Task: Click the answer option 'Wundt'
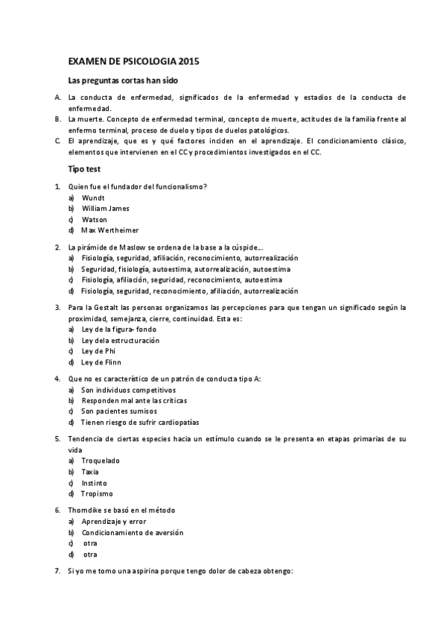point(93,197)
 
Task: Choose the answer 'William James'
point(105,209)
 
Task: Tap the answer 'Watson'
point(94,220)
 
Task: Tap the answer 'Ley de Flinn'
point(101,362)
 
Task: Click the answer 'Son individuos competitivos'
point(128,390)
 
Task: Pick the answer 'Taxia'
point(90,472)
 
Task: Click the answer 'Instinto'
point(95,483)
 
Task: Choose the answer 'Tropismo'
point(97,493)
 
